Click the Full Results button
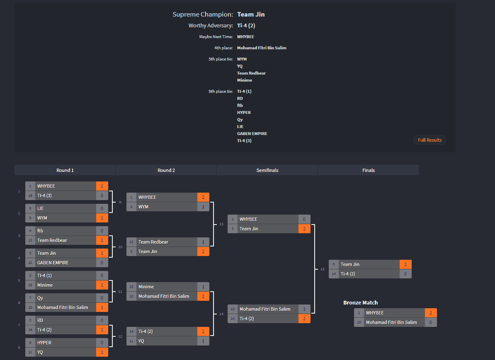pyautogui.click(x=429, y=140)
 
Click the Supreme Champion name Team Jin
pyautogui.click(x=251, y=14)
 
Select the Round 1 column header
pyautogui.click(x=65, y=170)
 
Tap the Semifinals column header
pyautogui.click(x=267, y=170)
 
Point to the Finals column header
pyautogui.click(x=368, y=170)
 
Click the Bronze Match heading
pyautogui.click(x=360, y=303)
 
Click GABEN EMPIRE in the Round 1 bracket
pyautogui.click(x=53, y=263)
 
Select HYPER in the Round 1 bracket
pyautogui.click(x=44, y=343)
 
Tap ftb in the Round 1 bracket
pyautogui.click(x=40, y=231)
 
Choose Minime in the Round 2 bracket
pyautogui.click(x=146, y=287)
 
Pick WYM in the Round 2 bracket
pyautogui.click(x=143, y=207)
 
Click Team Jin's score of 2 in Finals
pyautogui.click(x=405, y=264)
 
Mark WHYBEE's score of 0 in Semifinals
pyautogui.click(x=304, y=219)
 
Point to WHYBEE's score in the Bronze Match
pyautogui.click(x=431, y=313)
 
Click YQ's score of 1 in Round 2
pyautogui.click(x=203, y=341)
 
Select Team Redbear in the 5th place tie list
pyautogui.click(x=251, y=73)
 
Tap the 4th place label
pyautogui.click(x=223, y=48)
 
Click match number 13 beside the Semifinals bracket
pyautogui.click(x=221, y=224)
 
